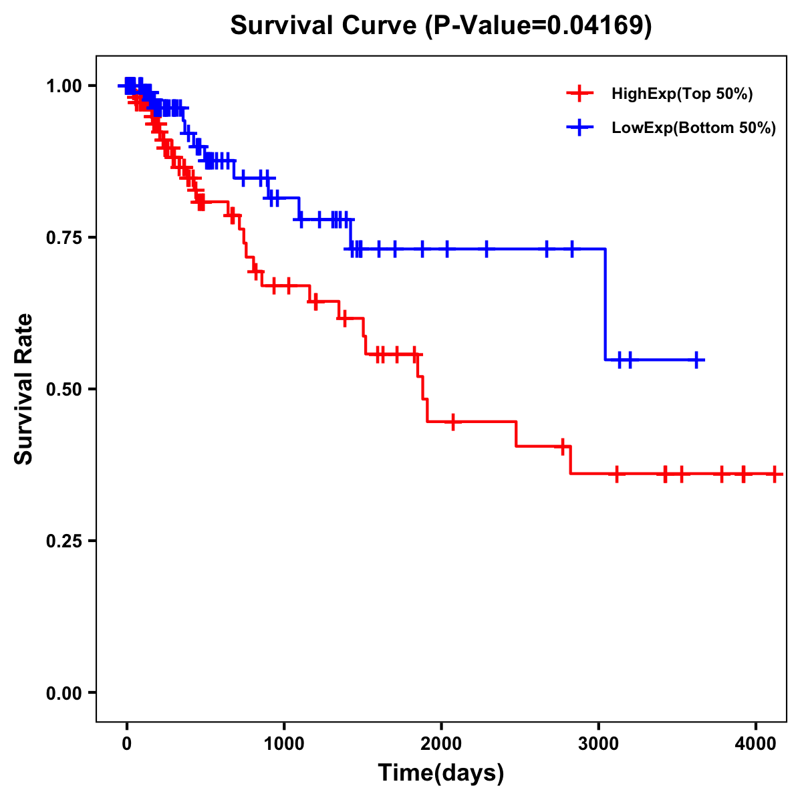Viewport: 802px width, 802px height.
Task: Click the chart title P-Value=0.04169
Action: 440,25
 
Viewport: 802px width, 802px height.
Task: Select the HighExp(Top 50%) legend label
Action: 682,94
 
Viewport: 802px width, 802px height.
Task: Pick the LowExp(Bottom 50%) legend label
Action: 694,128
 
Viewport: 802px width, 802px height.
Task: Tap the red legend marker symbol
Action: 579,94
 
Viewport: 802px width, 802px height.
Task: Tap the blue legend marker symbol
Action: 579,127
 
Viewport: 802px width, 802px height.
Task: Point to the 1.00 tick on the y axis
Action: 63,86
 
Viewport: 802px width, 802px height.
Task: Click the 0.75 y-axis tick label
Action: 63,238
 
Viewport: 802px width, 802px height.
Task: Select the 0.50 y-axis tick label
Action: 63,390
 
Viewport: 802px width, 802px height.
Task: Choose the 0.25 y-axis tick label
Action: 63,541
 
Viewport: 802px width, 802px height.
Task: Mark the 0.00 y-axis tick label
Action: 63,693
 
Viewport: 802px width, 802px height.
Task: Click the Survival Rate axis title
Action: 24,389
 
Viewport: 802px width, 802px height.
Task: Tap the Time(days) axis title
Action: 441,773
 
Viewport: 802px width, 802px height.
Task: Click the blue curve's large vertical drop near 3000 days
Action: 606,304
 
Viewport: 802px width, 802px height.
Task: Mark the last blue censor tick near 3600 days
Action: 696,360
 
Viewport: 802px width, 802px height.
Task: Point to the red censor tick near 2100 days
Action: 453,422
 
